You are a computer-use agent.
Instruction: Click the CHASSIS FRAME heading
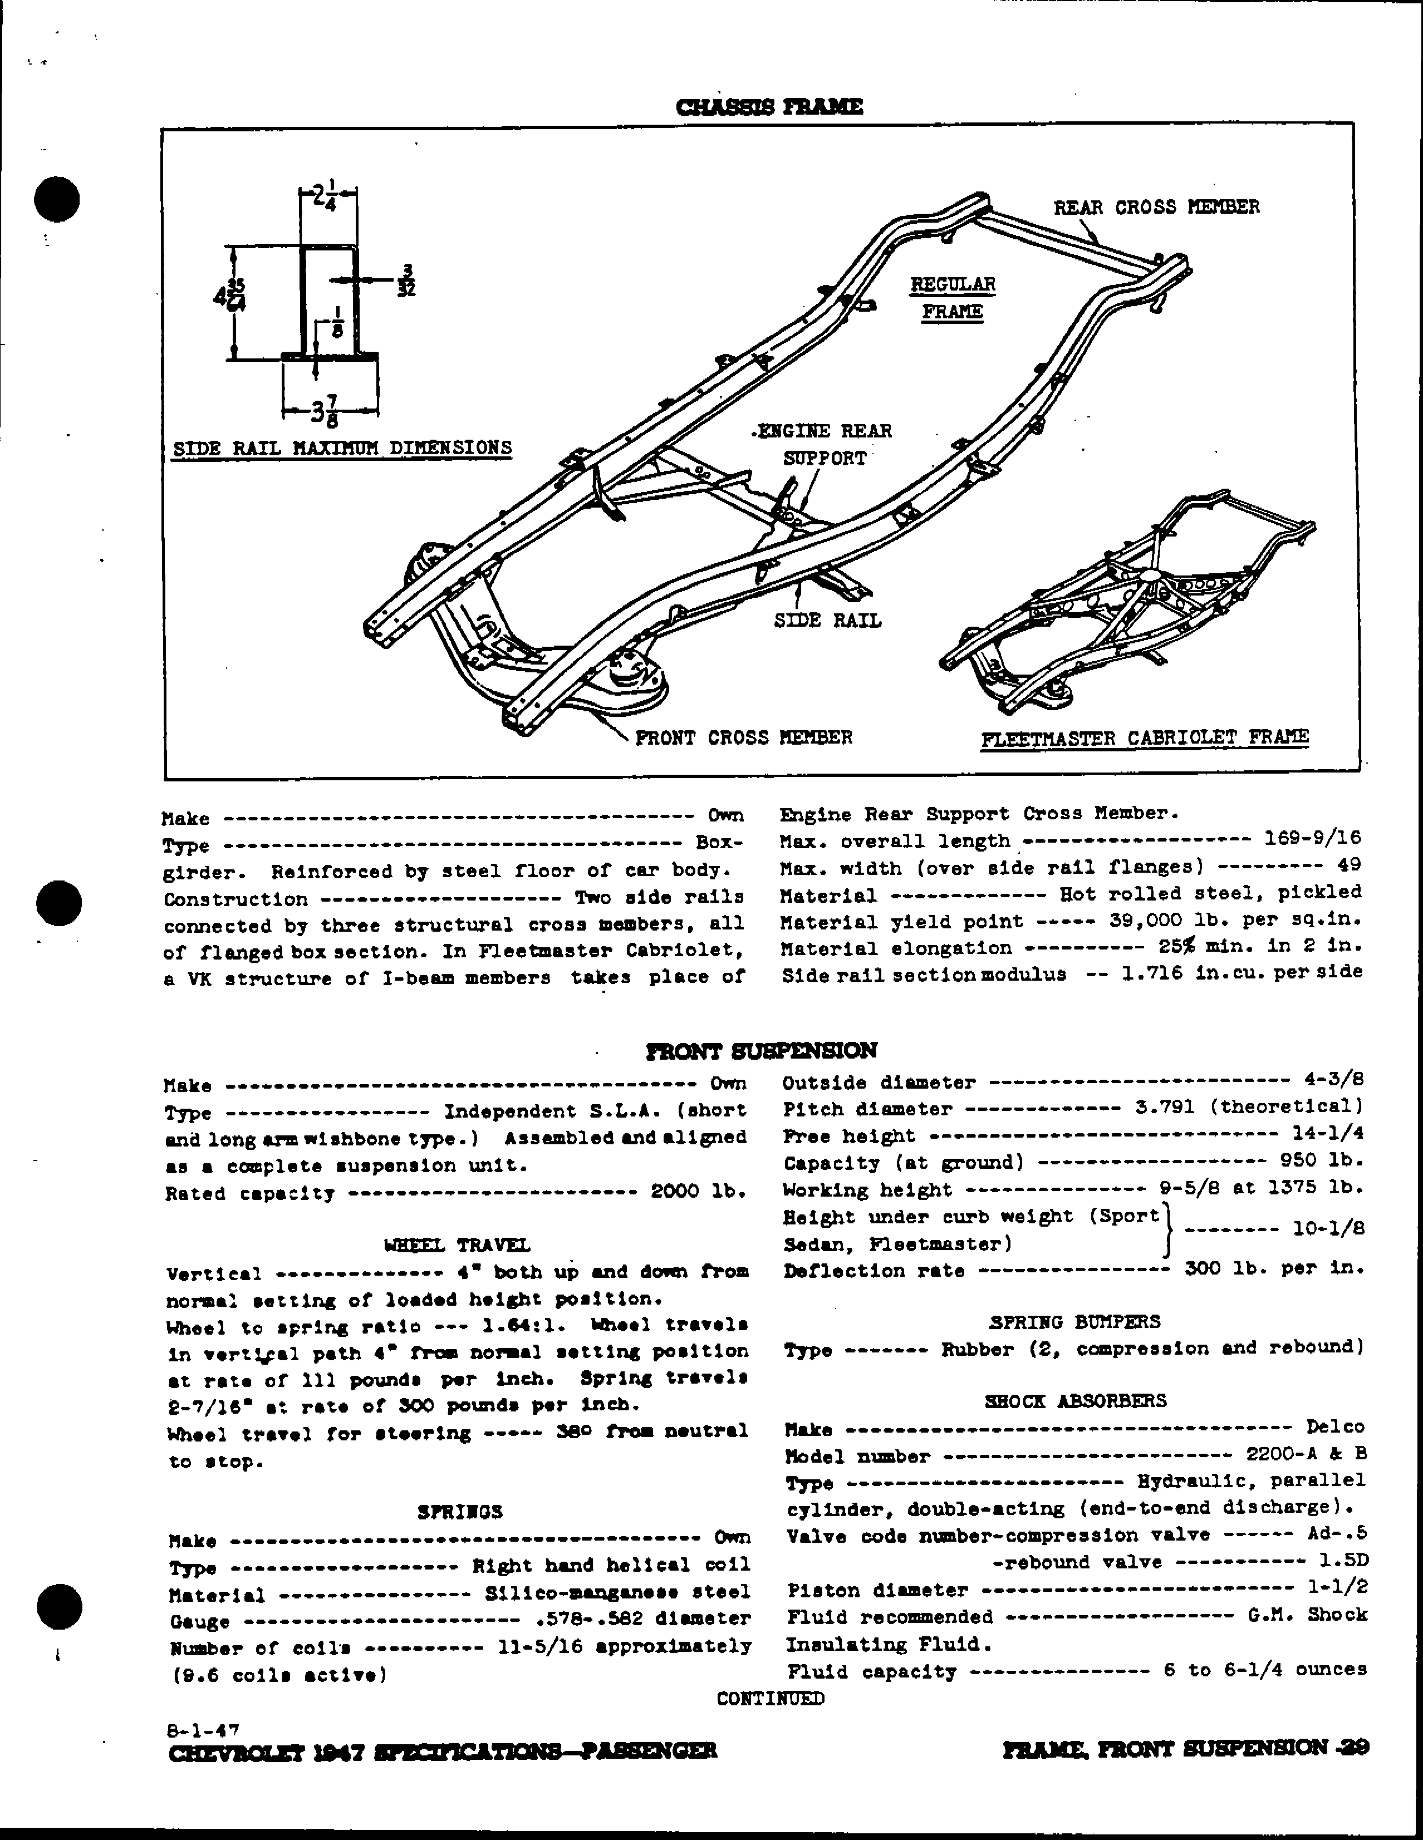(x=769, y=107)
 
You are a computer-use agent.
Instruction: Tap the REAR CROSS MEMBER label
(x=1156, y=207)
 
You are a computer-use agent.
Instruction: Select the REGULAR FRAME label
(x=952, y=298)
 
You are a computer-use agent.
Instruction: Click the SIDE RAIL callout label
(x=827, y=620)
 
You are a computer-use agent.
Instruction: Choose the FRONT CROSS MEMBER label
(x=743, y=737)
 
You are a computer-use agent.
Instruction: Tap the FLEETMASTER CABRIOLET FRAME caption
(x=1144, y=738)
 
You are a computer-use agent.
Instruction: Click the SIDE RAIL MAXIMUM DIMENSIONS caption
(x=342, y=447)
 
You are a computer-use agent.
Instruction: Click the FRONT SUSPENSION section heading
(x=761, y=1051)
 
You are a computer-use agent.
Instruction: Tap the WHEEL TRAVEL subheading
(x=457, y=1245)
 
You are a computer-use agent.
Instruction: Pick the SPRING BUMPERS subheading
(x=1074, y=1321)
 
